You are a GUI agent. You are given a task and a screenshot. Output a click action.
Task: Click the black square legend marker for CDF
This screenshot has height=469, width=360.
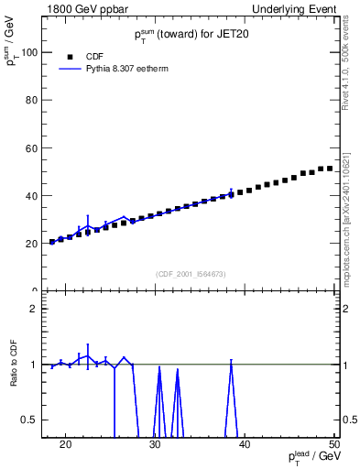point(66,56)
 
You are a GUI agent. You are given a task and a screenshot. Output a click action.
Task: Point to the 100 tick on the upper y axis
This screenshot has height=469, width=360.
point(33,52)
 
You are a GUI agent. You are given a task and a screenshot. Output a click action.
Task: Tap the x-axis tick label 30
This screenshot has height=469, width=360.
point(155,446)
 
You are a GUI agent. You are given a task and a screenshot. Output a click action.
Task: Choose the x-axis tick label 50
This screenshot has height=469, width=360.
point(334,446)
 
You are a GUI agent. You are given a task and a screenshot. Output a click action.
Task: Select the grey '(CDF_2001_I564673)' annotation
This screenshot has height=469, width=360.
point(191,273)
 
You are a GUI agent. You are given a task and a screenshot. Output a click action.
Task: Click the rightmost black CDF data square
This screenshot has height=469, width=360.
point(330,168)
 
